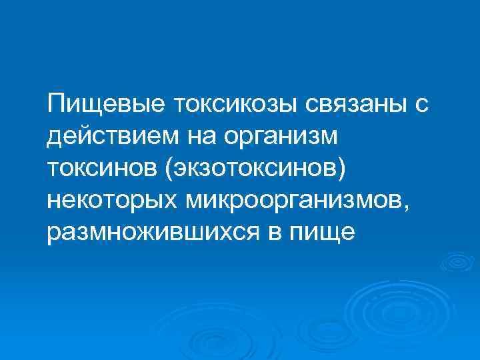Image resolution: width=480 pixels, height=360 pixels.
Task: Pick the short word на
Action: (x=203, y=137)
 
